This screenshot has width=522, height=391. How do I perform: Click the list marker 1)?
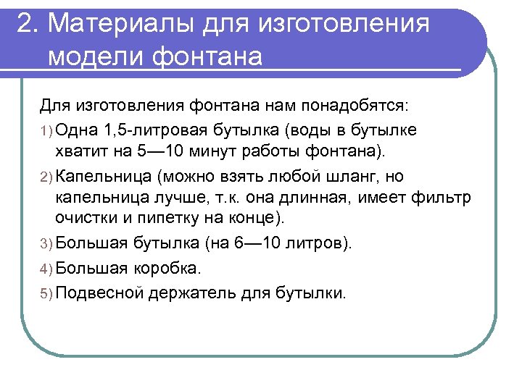coord(46,130)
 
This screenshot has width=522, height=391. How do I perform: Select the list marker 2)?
coord(46,177)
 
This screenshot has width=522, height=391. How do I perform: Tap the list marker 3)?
coord(46,243)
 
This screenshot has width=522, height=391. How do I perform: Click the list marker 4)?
coord(46,269)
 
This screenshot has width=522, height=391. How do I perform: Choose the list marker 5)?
coord(46,293)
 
